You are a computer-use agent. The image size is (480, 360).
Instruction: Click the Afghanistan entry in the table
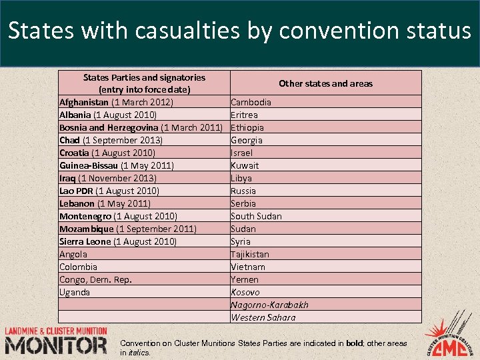(x=116, y=102)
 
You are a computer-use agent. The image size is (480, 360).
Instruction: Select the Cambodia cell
(x=251, y=102)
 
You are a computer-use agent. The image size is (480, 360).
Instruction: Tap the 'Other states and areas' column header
(x=325, y=83)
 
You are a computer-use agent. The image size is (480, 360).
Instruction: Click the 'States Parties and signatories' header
(x=144, y=83)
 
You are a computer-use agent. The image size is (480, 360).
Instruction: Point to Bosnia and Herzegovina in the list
(x=141, y=127)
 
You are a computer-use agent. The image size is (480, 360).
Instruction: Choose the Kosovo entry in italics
(x=245, y=292)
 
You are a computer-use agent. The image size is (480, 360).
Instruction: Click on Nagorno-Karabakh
(x=269, y=305)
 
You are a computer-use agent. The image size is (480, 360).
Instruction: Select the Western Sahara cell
(x=263, y=317)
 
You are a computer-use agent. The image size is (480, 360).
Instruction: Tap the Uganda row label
(x=75, y=292)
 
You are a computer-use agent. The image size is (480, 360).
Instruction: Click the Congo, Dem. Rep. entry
(x=95, y=279)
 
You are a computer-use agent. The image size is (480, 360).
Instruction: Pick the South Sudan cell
(x=256, y=216)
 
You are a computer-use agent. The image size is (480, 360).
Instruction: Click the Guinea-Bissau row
(x=117, y=165)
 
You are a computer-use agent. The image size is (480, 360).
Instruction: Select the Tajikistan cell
(x=250, y=254)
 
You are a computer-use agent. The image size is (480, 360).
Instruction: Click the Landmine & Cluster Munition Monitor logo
(x=56, y=341)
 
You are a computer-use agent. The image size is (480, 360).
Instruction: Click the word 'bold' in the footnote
(x=355, y=343)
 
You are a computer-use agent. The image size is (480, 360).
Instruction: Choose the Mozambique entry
(x=128, y=229)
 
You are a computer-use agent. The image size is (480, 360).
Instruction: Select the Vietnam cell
(x=247, y=267)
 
